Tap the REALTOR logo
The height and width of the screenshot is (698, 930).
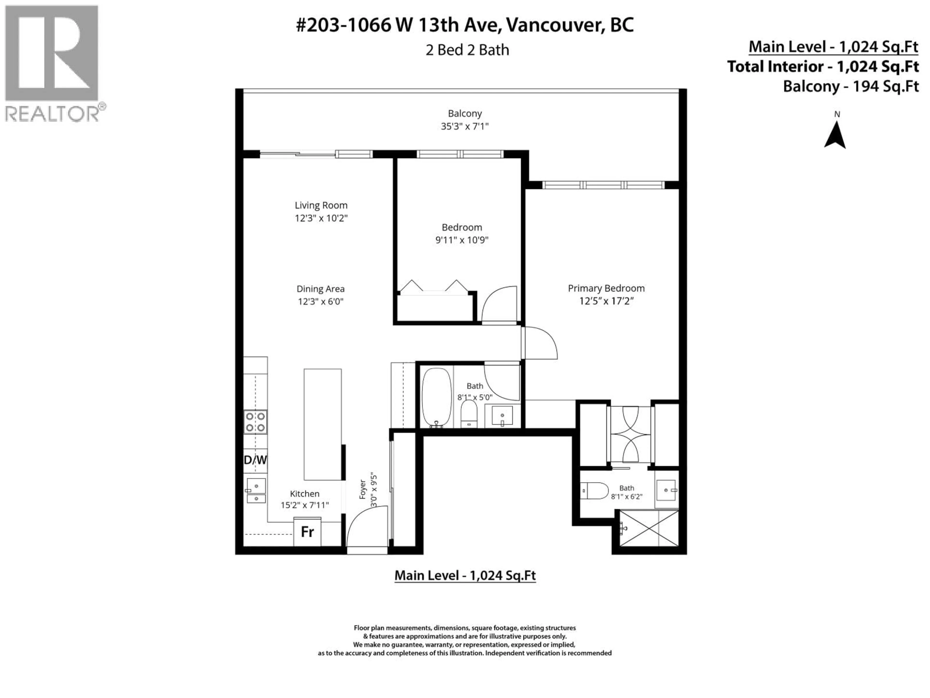pos(52,63)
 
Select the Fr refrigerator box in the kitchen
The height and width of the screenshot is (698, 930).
pos(307,532)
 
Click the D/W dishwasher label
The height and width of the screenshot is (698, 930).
pos(255,460)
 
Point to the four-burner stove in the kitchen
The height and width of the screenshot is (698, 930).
pos(255,422)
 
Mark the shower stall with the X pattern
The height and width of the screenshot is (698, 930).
pos(649,528)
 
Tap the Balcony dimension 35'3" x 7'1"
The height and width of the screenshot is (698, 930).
pos(465,126)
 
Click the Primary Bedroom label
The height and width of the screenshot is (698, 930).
pos(606,288)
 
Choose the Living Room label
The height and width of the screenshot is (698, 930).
pos(321,205)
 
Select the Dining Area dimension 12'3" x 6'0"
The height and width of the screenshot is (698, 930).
pos(321,301)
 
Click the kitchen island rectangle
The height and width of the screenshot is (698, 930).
pos(323,424)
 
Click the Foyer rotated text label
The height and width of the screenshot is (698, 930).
pos(362,489)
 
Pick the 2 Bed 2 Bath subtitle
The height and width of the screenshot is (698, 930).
pos(467,50)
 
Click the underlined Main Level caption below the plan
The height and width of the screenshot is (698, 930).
pos(465,575)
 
